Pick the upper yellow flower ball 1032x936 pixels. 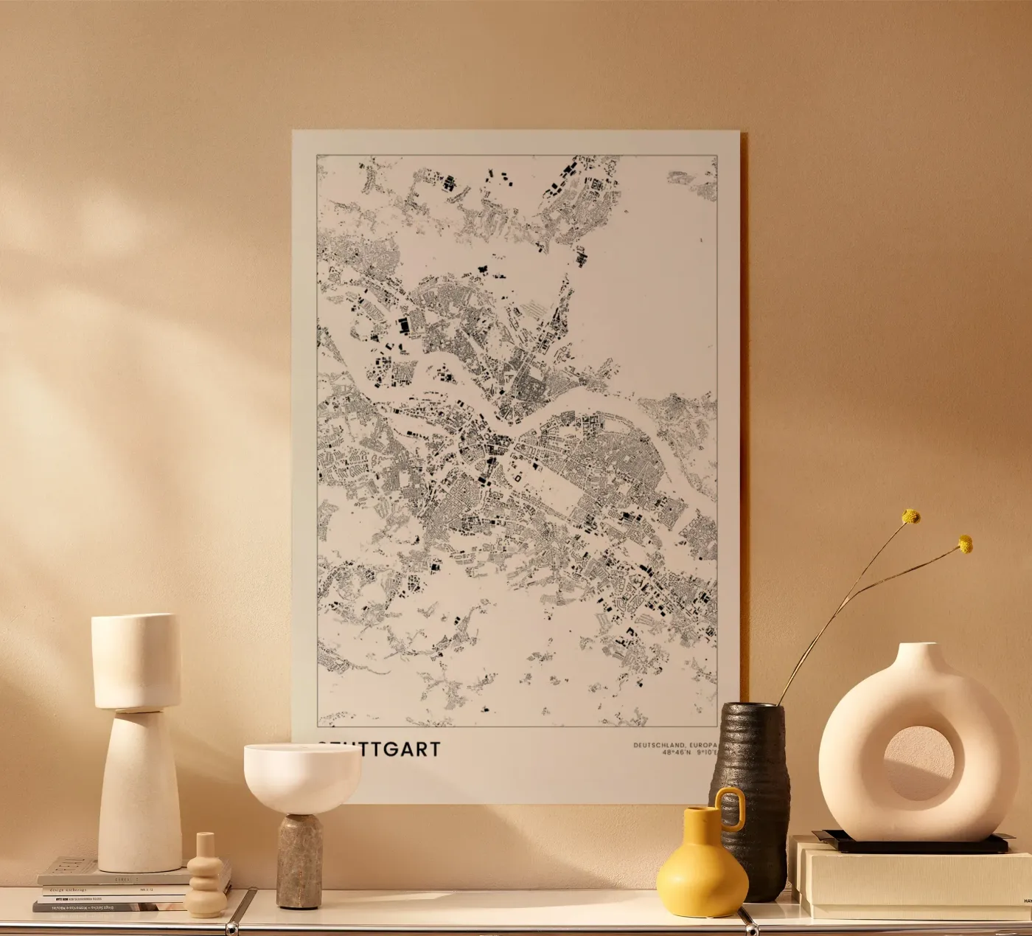[912, 516]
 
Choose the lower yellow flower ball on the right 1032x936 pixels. [964, 544]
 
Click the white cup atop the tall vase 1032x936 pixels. [136, 660]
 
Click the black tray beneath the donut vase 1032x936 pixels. [907, 844]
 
